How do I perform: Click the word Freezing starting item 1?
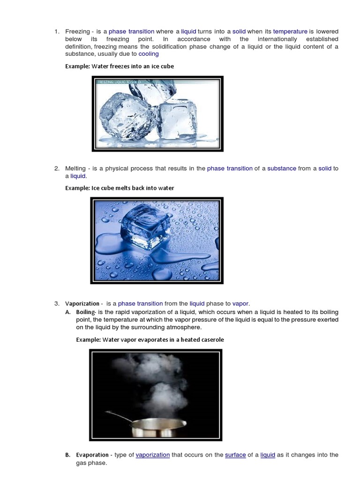point(77,31)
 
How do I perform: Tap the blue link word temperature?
point(290,31)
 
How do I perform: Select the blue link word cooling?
point(149,54)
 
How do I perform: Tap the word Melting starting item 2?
point(75,168)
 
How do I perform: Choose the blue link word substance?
point(282,168)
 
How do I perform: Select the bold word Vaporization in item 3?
point(82,304)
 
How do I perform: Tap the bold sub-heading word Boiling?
point(86,312)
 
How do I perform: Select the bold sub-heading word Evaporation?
point(92,455)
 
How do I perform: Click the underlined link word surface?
point(235,455)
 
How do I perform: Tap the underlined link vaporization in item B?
point(153,455)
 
